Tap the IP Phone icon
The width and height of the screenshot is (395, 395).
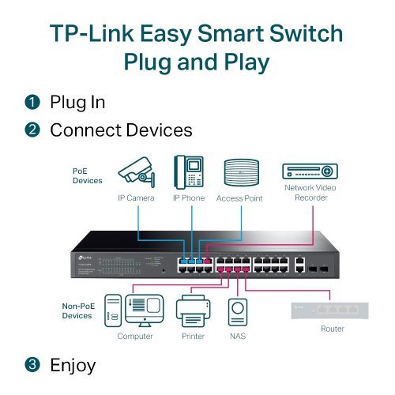tap(189, 171)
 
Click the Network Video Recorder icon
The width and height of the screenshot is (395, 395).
tap(310, 171)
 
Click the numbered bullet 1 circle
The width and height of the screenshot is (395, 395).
tap(32, 103)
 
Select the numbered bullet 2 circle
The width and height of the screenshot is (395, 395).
tap(32, 129)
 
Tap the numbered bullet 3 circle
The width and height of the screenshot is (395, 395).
tap(32, 365)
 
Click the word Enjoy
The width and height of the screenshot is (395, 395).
tap(73, 365)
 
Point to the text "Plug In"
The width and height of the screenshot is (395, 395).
tap(77, 103)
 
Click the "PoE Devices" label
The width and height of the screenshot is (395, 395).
tap(86, 175)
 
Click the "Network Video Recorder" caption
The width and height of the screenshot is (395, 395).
tap(310, 193)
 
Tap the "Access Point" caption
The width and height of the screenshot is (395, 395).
tap(239, 198)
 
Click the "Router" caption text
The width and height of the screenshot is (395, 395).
tap(333, 328)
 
